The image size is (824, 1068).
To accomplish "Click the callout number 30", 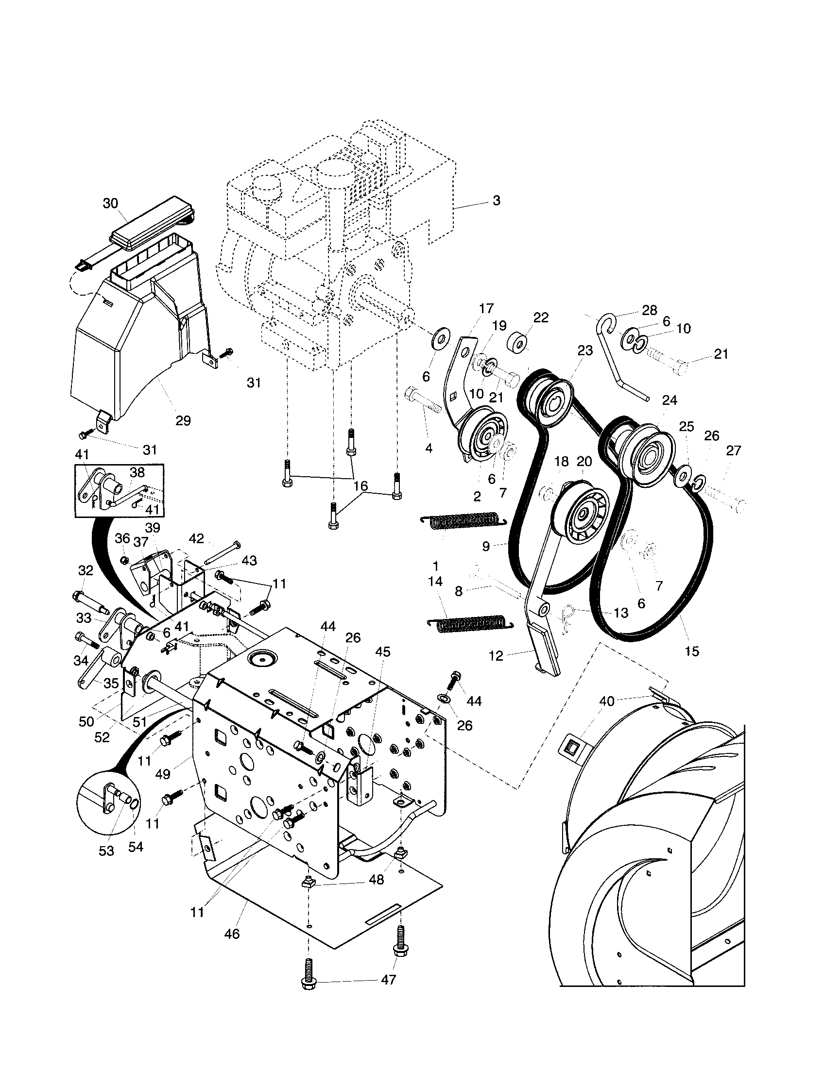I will tap(111, 203).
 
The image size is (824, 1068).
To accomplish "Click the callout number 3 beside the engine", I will tap(496, 200).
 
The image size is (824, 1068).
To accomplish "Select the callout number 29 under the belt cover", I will tap(183, 420).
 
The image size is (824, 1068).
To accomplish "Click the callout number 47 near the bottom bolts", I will tap(389, 980).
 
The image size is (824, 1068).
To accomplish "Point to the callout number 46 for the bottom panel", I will tap(231, 934).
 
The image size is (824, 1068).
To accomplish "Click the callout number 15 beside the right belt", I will tap(692, 651).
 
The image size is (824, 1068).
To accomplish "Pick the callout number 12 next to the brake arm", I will tap(496, 656).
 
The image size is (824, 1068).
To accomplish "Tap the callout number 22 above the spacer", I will tap(541, 317).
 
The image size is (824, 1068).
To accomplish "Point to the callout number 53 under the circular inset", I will tap(106, 851).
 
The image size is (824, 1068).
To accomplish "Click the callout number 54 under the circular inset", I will tap(136, 847).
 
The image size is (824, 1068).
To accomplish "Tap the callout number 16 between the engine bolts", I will tap(360, 486).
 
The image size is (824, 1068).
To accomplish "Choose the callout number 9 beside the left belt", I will tap(485, 546).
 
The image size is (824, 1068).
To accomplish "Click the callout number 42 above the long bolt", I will tap(196, 539).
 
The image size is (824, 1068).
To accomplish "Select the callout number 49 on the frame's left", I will tap(163, 774).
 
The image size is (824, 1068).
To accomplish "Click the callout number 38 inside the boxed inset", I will tap(137, 472).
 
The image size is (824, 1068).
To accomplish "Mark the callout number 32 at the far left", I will tap(86, 571).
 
